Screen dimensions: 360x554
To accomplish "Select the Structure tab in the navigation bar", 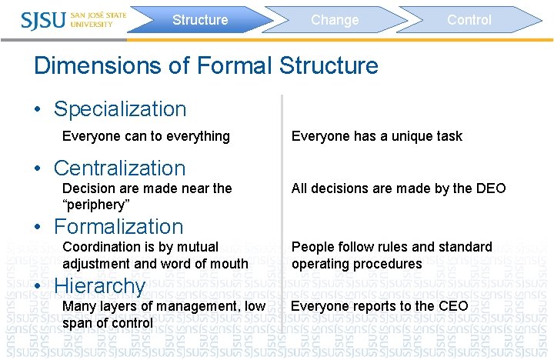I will [200, 20].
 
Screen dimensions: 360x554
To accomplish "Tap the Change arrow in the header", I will [335, 20].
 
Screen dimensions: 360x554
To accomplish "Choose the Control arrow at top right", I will [469, 20].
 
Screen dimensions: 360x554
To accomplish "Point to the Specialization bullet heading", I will [120, 109].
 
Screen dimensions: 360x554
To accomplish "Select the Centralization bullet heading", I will [120, 168].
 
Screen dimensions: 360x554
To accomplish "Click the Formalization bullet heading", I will [118, 226].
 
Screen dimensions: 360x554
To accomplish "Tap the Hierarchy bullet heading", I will [99, 286].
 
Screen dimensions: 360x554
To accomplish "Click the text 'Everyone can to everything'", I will [145, 136].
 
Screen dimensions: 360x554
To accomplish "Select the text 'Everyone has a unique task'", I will [376, 136].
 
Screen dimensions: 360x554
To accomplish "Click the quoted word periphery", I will [96, 205].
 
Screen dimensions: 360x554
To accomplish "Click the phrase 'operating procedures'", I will [356, 264].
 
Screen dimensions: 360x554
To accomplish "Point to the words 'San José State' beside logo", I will [97, 14].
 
